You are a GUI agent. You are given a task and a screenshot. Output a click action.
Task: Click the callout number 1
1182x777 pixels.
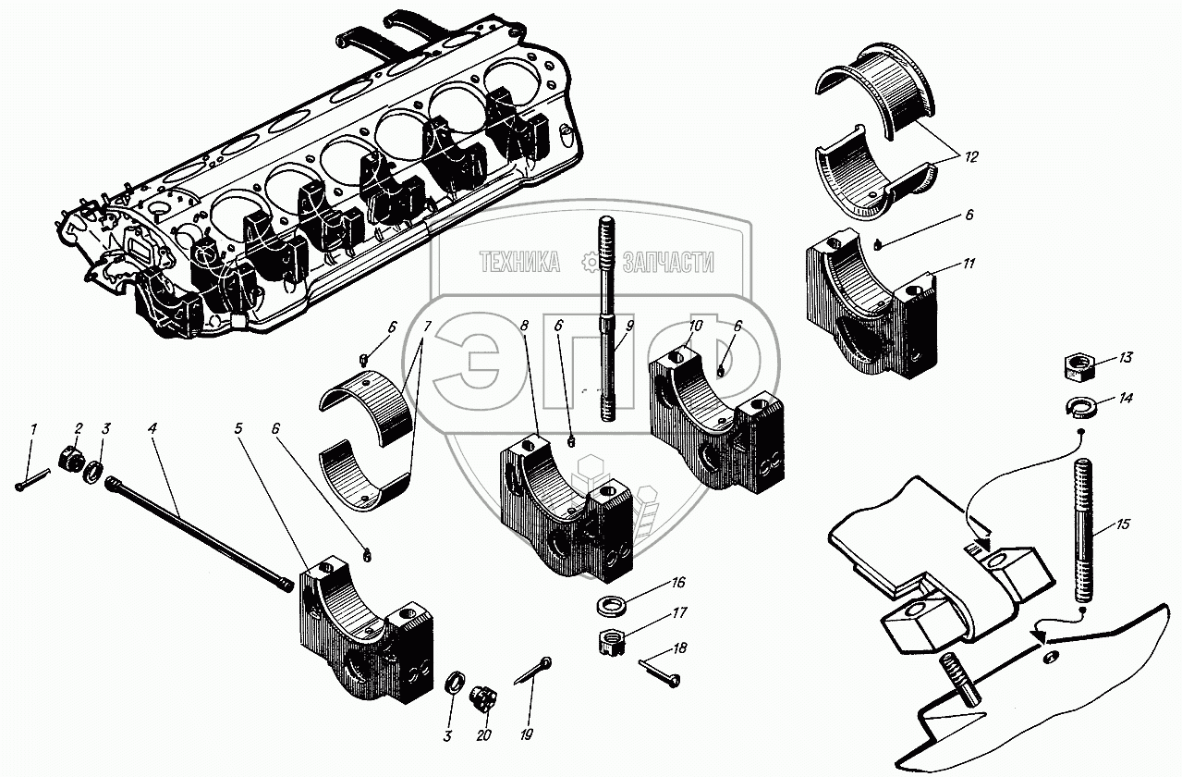(x=34, y=430)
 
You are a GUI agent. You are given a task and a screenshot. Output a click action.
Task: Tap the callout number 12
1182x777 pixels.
(x=970, y=157)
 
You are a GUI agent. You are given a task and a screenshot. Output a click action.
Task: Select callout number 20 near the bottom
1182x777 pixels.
(x=483, y=735)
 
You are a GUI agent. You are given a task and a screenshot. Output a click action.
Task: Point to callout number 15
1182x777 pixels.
(x=1122, y=524)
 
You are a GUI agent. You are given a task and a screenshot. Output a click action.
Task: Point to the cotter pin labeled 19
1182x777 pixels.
(x=533, y=672)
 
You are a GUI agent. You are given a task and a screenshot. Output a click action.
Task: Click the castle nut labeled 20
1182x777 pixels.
(x=481, y=699)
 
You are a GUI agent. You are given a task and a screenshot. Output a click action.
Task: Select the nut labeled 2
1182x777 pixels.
(x=71, y=461)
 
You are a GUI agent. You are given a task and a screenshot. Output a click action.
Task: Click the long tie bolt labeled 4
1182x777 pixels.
(x=199, y=534)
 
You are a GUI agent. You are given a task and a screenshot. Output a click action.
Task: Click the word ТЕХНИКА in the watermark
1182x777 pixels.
(x=519, y=262)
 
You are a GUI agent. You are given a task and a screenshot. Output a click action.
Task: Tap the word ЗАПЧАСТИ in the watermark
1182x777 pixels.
(x=668, y=263)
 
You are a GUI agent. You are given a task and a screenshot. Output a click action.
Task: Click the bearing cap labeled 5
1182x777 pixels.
(x=366, y=634)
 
